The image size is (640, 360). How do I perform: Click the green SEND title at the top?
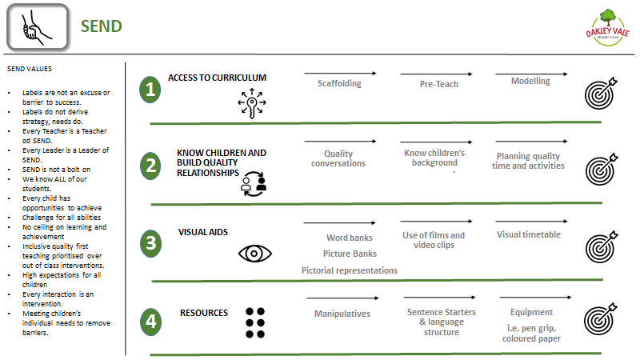pos(102,26)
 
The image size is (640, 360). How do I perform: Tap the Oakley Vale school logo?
pos(608,28)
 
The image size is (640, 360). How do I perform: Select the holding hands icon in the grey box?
pos(37,27)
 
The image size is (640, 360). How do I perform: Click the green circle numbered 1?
pos(150,90)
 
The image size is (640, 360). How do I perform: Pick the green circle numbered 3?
pos(151,243)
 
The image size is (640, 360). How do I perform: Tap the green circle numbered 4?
pos(151,322)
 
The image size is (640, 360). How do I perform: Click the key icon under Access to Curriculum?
pos(252,103)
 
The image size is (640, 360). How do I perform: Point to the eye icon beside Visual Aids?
pos(255,254)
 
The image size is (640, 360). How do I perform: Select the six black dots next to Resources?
pos(255,323)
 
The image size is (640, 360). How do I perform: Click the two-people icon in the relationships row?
pos(254,184)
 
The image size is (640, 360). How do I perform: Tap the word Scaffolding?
pos(339,84)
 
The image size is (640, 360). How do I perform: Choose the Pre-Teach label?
pos(439,84)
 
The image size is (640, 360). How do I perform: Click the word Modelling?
pos(530,82)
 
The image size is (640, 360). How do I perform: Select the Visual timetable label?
pos(529,234)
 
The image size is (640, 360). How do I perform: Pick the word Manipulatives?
pos(342,314)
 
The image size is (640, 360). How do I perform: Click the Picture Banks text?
pos(350,254)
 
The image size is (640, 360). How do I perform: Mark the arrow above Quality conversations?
pos(341,142)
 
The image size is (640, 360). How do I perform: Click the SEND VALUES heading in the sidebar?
pos(30,69)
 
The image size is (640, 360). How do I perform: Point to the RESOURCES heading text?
pos(204,313)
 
